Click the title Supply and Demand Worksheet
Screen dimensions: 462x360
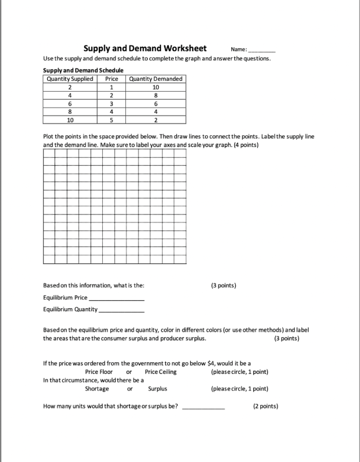point(145,48)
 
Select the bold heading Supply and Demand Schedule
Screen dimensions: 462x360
point(83,70)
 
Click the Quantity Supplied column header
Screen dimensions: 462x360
point(70,79)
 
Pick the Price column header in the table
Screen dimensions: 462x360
point(112,79)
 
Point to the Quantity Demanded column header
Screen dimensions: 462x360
point(155,79)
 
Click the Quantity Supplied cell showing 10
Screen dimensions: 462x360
point(70,120)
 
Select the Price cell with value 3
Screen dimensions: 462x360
point(112,103)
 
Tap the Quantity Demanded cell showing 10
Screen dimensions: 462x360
point(155,87)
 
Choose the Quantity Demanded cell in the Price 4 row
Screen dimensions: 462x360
point(155,112)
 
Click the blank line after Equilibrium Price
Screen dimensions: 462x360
point(117,299)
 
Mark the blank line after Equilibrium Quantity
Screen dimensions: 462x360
point(121,311)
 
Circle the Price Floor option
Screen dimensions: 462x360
point(99,372)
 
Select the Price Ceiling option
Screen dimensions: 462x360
point(160,372)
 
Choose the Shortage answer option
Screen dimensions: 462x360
point(97,389)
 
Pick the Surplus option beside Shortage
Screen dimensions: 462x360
point(157,389)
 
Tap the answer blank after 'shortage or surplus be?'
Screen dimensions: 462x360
point(204,407)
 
